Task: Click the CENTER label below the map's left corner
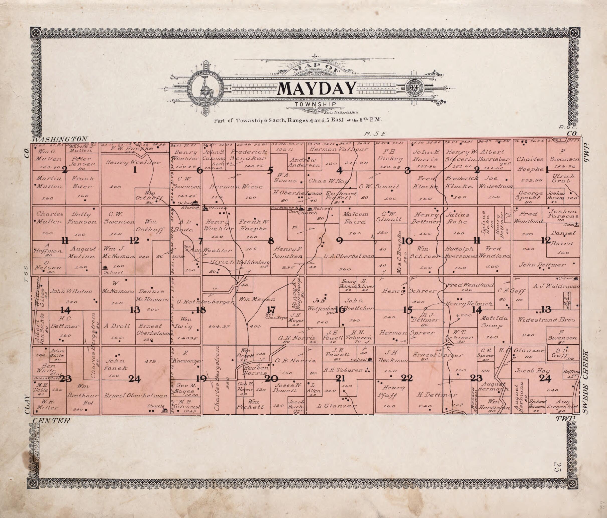[x=51, y=421]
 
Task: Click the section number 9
[x=339, y=241]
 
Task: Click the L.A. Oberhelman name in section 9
[x=349, y=256]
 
